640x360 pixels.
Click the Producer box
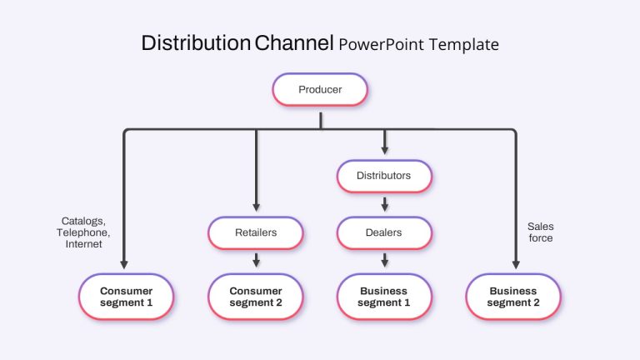coord(320,89)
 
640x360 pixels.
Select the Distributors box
coord(384,176)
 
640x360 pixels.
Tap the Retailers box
coord(256,232)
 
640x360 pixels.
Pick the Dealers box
coord(384,232)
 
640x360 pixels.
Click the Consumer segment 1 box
coord(126,297)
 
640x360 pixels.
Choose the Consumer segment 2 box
coord(256,297)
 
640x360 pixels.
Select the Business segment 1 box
coord(384,297)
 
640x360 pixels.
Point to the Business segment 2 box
coord(513,297)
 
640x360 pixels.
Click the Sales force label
coord(540,232)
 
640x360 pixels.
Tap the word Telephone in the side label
coord(82,232)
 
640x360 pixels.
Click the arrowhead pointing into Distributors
coord(384,150)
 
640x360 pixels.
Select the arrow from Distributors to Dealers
coord(384,204)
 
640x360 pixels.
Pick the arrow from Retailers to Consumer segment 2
coord(257,260)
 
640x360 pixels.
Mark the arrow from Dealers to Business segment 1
coord(384,260)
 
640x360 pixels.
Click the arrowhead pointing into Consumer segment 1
coord(124,264)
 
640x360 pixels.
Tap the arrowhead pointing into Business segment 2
coord(516,264)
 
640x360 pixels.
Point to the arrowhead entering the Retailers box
coord(257,207)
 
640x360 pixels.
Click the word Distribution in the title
coord(196,42)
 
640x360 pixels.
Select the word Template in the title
coord(463,44)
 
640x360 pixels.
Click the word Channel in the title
coord(294,42)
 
